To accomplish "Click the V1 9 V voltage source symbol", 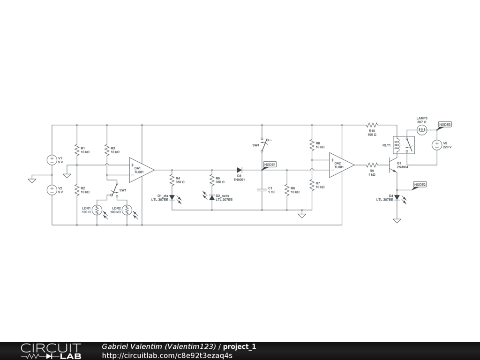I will pyautogui.click(x=52, y=160).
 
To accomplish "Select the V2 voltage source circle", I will pyautogui.click(x=52, y=190).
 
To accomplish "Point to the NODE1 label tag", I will pyautogui.click(x=270, y=165).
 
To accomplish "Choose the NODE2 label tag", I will pyautogui.click(x=420, y=185).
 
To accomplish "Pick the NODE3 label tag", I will pyautogui.click(x=445, y=125).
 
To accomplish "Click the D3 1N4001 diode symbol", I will pyautogui.click(x=240, y=170).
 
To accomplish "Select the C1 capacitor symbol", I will pyautogui.click(x=262, y=190).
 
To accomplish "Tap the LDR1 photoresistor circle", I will pyautogui.click(x=97, y=210).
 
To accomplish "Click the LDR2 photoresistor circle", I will pyautogui.click(x=127, y=210).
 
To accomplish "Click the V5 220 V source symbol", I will pyautogui.click(x=436, y=145).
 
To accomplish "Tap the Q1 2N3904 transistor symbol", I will pyautogui.click(x=392, y=165).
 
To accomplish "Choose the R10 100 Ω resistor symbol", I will pyautogui.click(x=372, y=125).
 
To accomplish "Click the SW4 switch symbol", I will pyautogui.click(x=265, y=144).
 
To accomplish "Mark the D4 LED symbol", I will pyautogui.click(x=397, y=198).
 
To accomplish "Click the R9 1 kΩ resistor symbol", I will pyautogui.click(x=372, y=165).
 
